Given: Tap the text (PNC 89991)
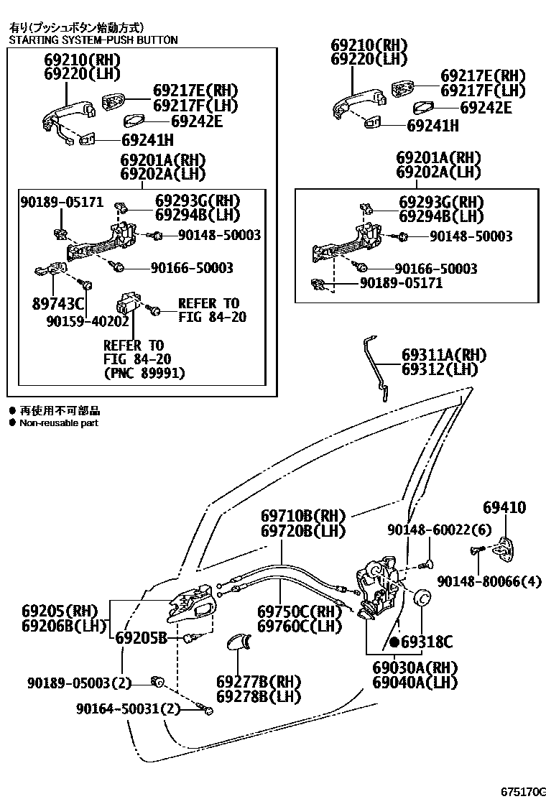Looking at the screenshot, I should click(144, 373).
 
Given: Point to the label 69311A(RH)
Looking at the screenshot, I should click(443, 355).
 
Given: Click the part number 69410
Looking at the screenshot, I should click(504, 508).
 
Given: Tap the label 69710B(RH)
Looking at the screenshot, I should click(302, 517).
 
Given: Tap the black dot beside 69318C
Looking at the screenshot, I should click(394, 642).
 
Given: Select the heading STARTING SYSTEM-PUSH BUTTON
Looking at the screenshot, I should click(93, 40).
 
